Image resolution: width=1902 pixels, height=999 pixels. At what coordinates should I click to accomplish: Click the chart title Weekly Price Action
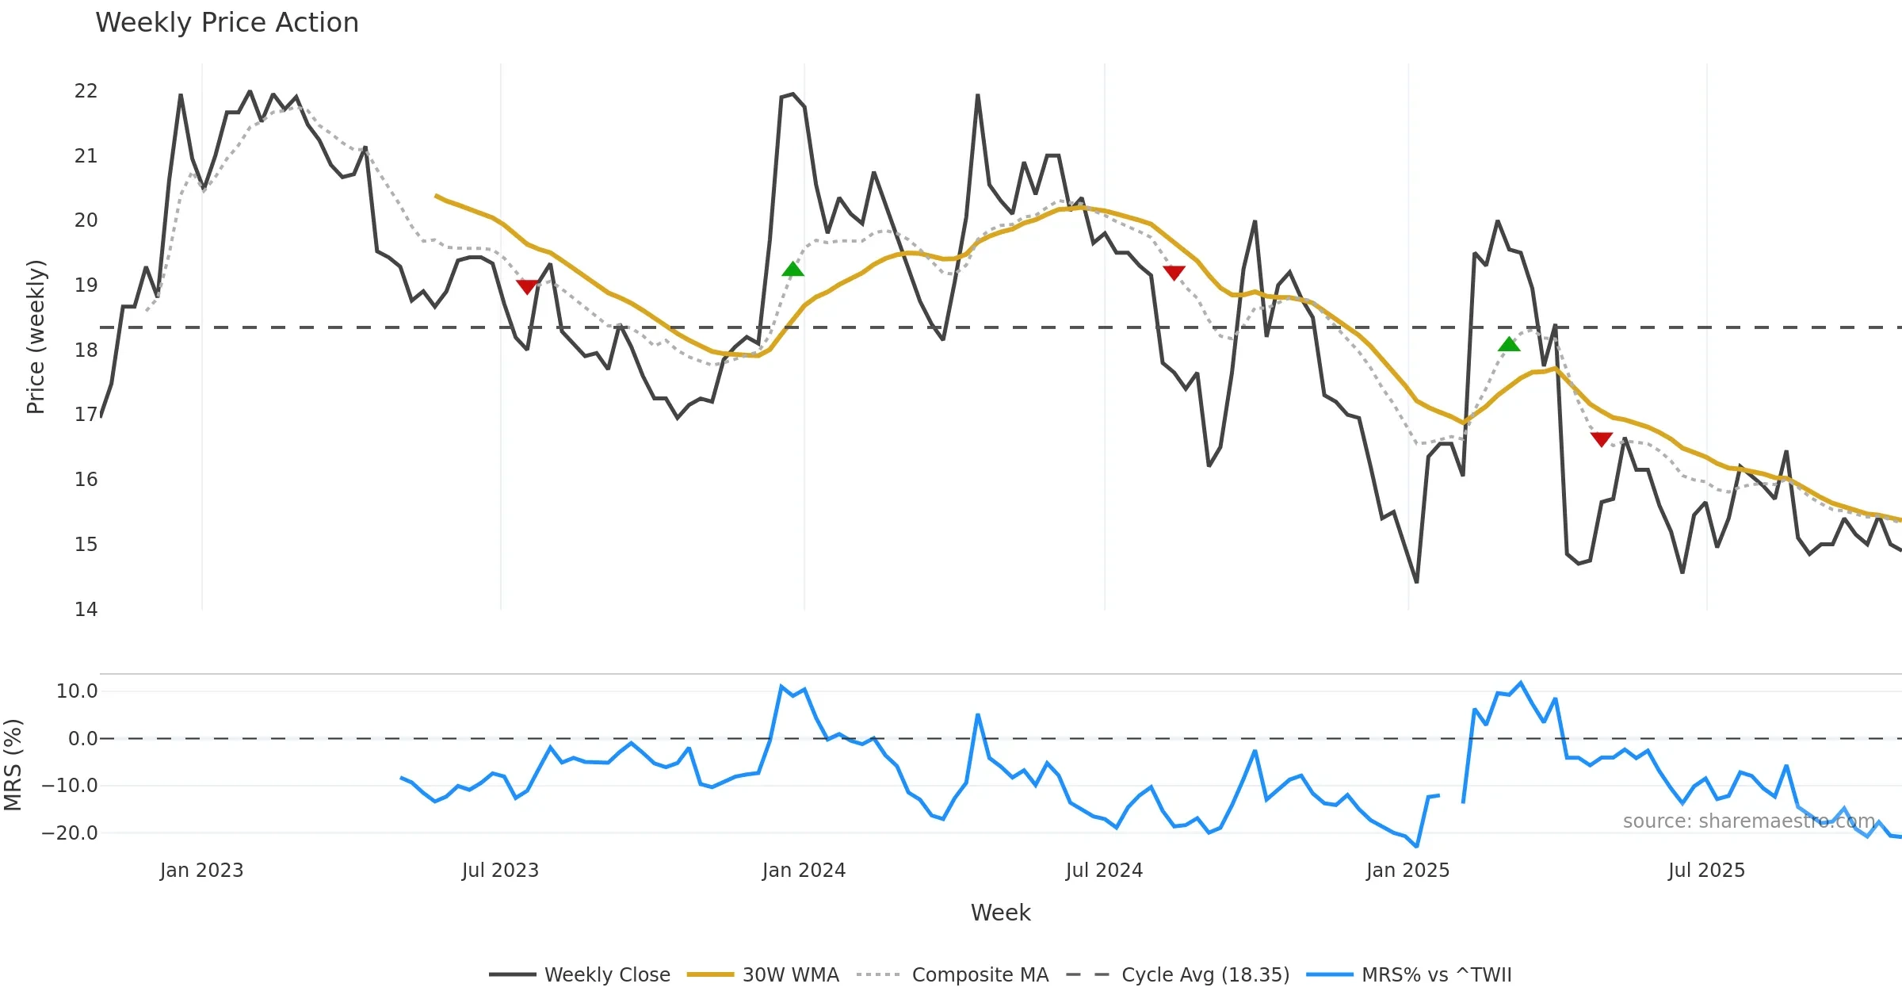pos(227,23)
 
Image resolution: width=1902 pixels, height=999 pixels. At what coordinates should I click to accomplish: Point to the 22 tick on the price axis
pos(86,91)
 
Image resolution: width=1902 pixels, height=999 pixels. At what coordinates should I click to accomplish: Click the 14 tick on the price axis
pos(86,610)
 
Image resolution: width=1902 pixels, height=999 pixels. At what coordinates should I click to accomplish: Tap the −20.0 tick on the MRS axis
pos(70,833)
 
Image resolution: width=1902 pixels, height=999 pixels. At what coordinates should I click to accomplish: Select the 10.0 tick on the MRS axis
pos(77,691)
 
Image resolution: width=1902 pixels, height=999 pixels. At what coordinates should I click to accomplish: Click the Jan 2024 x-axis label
pos(804,871)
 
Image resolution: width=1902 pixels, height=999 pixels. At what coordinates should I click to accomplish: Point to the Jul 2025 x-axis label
pos(1706,871)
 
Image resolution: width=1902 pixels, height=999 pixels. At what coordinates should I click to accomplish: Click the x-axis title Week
pos(1000,913)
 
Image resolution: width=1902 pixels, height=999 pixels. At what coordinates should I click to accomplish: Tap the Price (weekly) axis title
pos(36,337)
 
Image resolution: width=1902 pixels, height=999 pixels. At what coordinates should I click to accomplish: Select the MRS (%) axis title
pos(13,765)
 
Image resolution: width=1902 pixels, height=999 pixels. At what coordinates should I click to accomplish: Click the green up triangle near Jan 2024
pos(792,270)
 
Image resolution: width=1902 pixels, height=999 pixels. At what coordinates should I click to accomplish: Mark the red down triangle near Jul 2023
pos(527,286)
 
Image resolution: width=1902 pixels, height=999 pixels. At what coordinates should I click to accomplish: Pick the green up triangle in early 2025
pos(1509,344)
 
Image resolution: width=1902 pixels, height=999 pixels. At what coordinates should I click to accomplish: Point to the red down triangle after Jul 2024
pos(1174,273)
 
